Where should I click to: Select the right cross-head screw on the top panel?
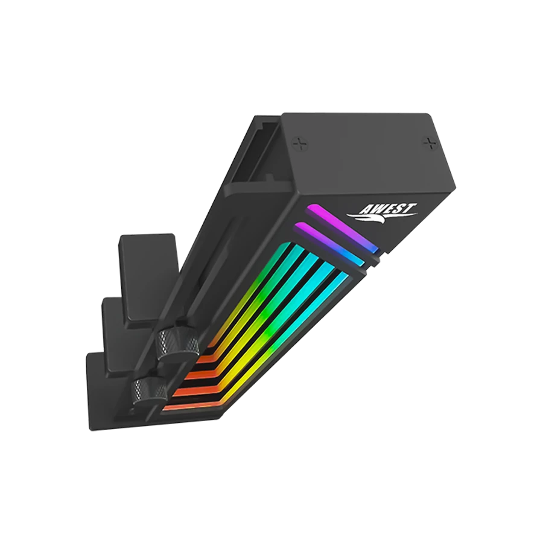click(430, 142)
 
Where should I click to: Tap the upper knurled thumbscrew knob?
click(177, 341)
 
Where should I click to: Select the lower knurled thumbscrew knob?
click(151, 390)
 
